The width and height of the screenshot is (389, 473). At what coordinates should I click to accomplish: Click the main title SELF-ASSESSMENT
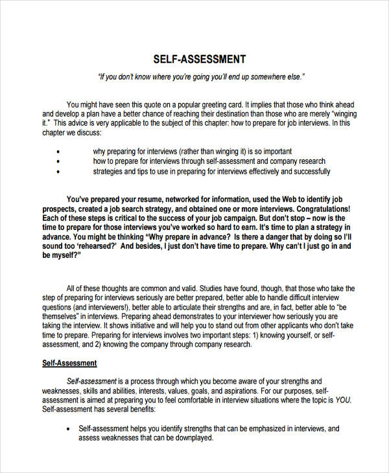pyautogui.click(x=199, y=59)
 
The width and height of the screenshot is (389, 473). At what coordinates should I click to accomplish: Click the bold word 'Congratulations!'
pyautogui.click(x=317, y=209)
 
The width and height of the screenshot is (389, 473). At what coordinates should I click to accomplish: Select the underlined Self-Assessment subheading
pyautogui.click(x=69, y=363)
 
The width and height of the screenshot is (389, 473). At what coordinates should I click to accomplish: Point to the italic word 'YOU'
pyautogui.click(x=343, y=400)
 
